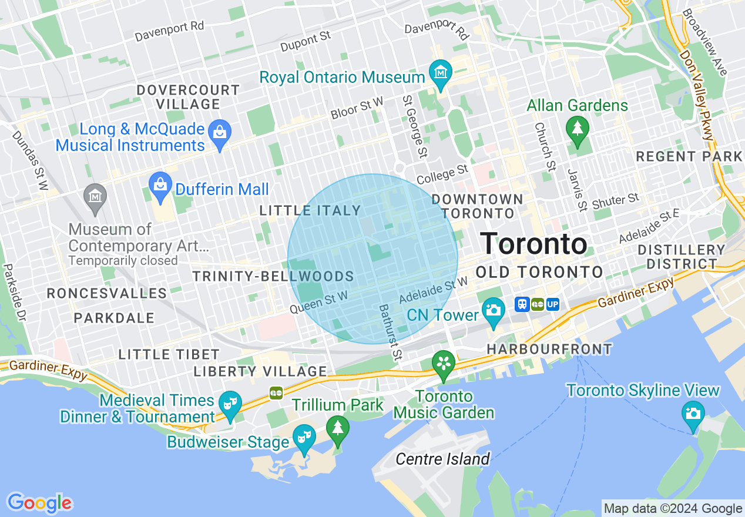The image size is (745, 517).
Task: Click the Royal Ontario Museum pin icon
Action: (440, 73)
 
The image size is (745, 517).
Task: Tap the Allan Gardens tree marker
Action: (577, 127)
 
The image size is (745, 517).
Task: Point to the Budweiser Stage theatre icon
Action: (304, 437)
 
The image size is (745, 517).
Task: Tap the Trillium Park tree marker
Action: (337, 427)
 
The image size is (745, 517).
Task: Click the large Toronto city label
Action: (534, 244)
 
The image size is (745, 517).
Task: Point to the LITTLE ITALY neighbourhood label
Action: (310, 210)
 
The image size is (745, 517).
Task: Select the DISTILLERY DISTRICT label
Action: (682, 257)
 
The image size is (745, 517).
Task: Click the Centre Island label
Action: (442, 459)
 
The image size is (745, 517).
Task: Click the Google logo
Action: (39, 503)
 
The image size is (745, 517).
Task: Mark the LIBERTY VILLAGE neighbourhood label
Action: (260, 371)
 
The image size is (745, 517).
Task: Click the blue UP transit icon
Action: (552, 304)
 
